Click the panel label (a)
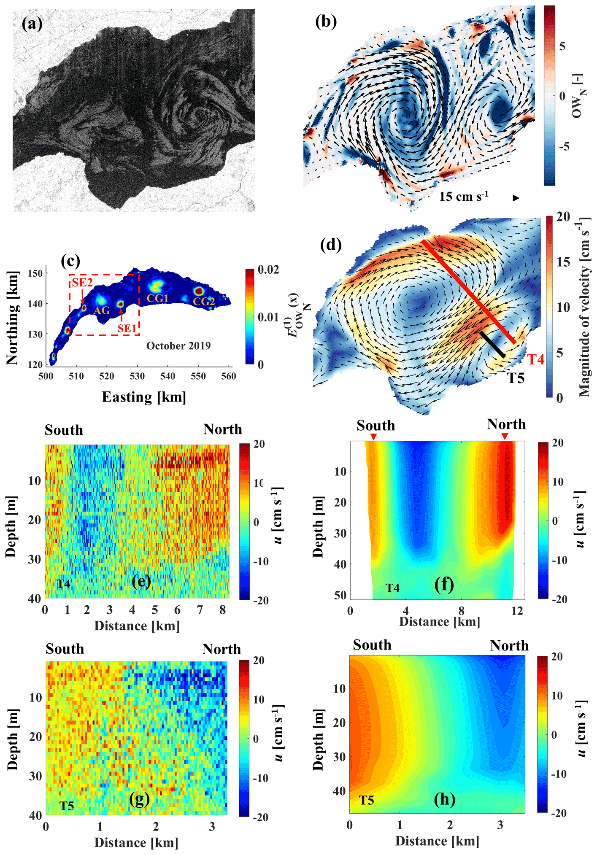(32, 24)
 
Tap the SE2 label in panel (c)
(82, 282)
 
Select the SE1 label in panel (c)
(127, 328)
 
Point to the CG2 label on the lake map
(204, 301)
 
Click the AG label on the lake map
(102, 310)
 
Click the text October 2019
(178, 345)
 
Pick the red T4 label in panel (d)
(536, 359)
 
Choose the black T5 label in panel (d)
(516, 378)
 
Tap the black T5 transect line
(492, 344)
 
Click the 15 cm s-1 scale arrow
(511, 198)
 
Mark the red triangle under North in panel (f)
(505, 436)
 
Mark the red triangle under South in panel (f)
(373, 437)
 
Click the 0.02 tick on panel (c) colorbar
(269, 270)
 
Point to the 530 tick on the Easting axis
(138, 376)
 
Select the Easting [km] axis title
(144, 397)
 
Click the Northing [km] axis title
(12, 318)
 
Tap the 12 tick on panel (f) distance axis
(517, 610)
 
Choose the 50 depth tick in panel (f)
(340, 595)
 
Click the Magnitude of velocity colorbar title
(584, 307)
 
